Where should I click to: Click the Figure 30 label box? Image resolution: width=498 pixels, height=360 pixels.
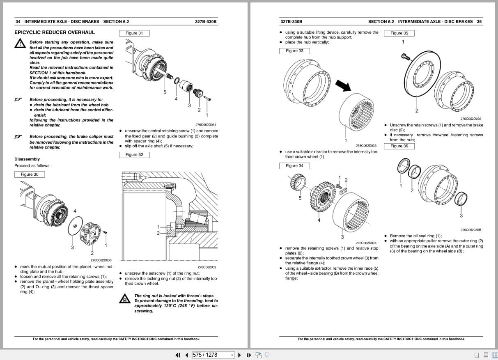click(x=30, y=174)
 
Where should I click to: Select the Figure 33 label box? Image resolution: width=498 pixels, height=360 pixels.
click(x=294, y=51)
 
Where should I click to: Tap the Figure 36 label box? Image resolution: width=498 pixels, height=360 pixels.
click(x=399, y=146)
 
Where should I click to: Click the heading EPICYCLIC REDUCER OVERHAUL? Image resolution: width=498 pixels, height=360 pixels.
click(x=55, y=32)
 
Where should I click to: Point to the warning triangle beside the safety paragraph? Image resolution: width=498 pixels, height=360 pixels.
click(x=19, y=44)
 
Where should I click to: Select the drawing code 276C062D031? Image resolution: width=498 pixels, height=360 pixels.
click(x=206, y=125)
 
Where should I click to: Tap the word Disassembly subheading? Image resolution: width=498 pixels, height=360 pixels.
click(x=27, y=159)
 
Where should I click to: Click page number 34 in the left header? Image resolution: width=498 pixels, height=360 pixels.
click(x=18, y=21)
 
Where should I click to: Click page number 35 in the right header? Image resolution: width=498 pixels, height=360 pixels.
click(x=479, y=21)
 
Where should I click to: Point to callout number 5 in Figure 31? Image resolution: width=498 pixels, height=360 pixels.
click(x=165, y=92)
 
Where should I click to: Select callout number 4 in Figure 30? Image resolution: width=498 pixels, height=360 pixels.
click(x=75, y=211)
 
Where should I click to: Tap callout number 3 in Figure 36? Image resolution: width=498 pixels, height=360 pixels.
click(x=461, y=216)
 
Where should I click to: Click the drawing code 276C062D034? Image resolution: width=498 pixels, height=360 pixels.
click(x=366, y=243)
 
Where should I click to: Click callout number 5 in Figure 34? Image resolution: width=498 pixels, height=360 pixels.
click(x=300, y=198)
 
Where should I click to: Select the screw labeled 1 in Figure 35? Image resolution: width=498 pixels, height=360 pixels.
click(x=404, y=55)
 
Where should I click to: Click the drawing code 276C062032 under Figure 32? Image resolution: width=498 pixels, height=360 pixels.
click(x=207, y=267)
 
